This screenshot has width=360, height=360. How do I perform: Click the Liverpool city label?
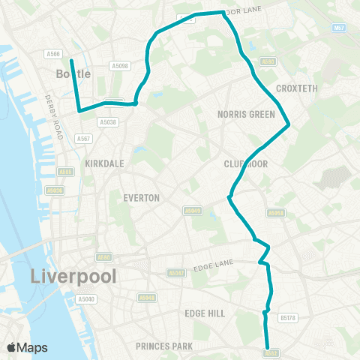click(x=74, y=276)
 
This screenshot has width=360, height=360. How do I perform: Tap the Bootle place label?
click(x=73, y=73)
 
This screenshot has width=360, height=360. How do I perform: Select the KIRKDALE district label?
click(x=104, y=163)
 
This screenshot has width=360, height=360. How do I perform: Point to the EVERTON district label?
click(x=141, y=198)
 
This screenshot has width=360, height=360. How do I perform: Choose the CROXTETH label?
click(x=297, y=88)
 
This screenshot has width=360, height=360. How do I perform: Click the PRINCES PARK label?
click(x=164, y=346)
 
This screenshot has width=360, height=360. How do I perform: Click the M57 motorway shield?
click(x=340, y=27)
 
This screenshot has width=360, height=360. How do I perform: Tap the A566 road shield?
click(x=52, y=53)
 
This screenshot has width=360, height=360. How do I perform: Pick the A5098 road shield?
click(x=120, y=65)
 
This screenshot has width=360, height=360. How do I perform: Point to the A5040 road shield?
click(x=86, y=299)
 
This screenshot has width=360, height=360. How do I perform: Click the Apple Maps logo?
click(x=27, y=347)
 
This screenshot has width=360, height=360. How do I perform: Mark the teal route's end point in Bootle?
click(x=71, y=61)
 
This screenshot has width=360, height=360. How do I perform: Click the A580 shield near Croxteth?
click(x=268, y=61)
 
